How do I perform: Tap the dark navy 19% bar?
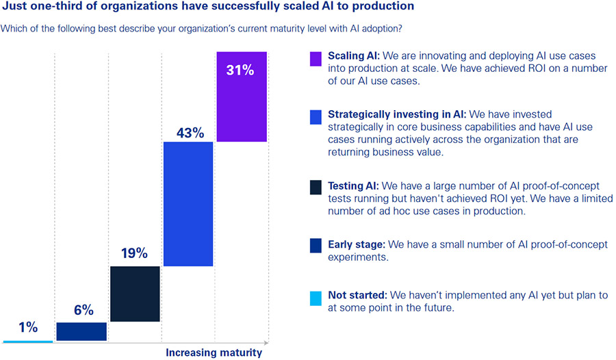[135, 294]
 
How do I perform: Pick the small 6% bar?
[81, 331]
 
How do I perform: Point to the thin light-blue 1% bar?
[27, 341]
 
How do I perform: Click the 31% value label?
[242, 70]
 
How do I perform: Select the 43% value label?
[188, 133]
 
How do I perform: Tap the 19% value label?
[135, 253]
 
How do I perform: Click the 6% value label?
[81, 310]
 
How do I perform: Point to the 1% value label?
[27, 327]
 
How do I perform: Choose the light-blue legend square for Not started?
[315, 298]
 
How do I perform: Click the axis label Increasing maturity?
[214, 353]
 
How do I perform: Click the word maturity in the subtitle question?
[285, 29]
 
